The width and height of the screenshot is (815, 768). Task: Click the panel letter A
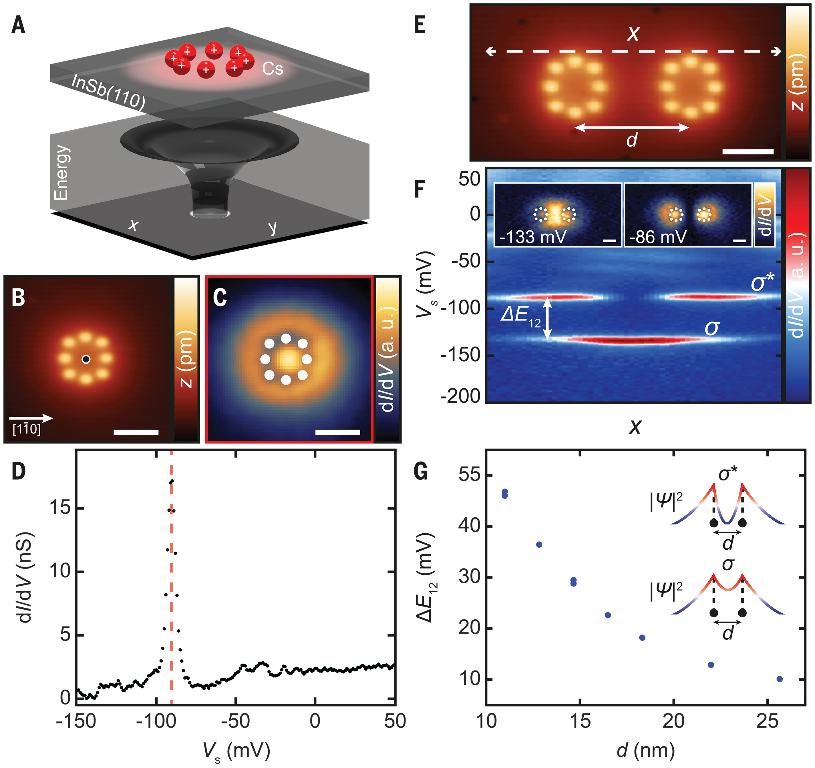click(18, 25)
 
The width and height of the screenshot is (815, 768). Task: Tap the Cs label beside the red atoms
click(273, 68)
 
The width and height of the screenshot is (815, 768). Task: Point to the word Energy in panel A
click(61, 172)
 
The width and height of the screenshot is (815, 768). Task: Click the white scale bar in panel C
click(337, 432)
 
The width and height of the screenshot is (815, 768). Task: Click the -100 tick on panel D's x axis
click(156, 721)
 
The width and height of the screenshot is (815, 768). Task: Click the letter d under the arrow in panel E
click(632, 140)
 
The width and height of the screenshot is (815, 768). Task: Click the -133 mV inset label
click(532, 237)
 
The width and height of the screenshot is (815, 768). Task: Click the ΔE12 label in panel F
click(520, 316)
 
